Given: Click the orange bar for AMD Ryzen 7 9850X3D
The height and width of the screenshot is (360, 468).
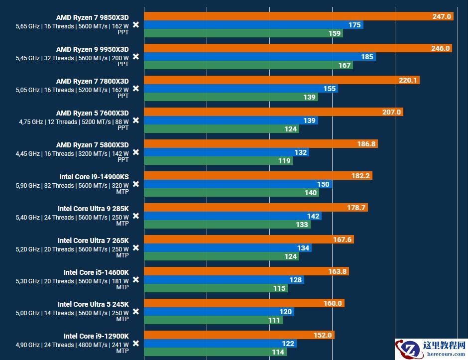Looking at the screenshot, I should click(x=299, y=16).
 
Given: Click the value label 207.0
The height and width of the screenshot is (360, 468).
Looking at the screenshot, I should click(x=391, y=112).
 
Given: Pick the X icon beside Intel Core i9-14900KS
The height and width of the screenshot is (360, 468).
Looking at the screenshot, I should click(x=135, y=184).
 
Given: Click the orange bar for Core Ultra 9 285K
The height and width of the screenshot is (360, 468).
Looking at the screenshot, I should click(x=256, y=208).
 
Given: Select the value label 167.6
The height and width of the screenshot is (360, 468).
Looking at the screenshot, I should click(x=343, y=240).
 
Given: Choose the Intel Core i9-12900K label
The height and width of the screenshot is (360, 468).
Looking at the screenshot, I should click(x=96, y=336).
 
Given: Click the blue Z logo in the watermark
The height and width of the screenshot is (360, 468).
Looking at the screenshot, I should click(x=410, y=349).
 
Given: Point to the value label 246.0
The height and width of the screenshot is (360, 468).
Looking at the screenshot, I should click(x=441, y=48).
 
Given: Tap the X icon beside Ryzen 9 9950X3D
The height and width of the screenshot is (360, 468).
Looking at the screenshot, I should click(x=135, y=57).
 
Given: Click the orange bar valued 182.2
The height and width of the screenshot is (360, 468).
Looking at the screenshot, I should click(x=258, y=176).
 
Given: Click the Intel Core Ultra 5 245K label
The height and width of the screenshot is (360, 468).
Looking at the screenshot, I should click(x=93, y=304).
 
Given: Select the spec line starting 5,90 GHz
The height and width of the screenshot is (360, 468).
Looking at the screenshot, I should click(x=72, y=186).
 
